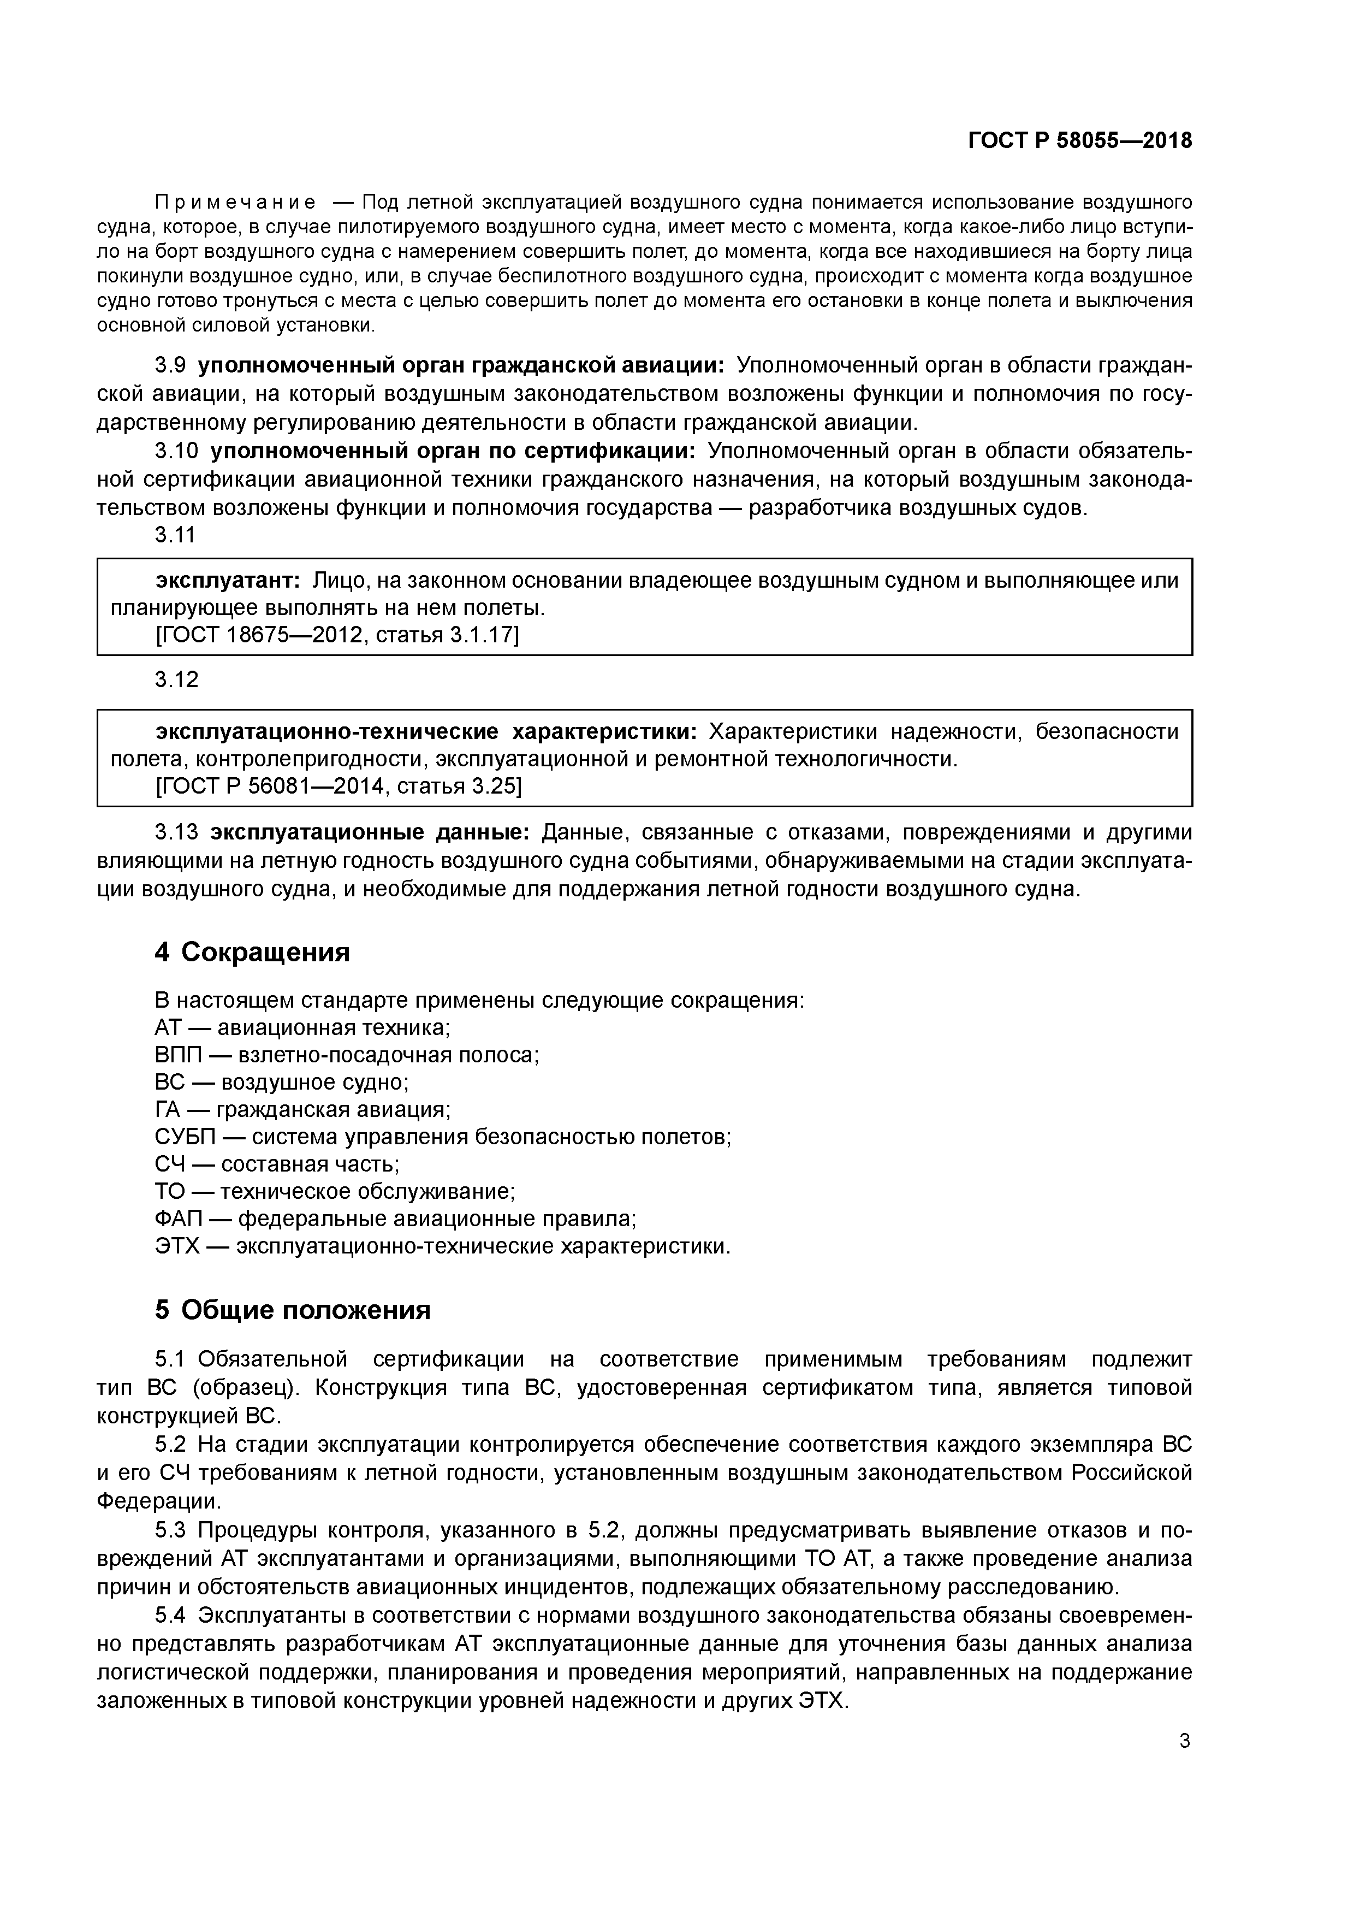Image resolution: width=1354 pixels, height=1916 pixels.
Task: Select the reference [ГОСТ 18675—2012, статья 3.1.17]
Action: click(337, 636)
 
